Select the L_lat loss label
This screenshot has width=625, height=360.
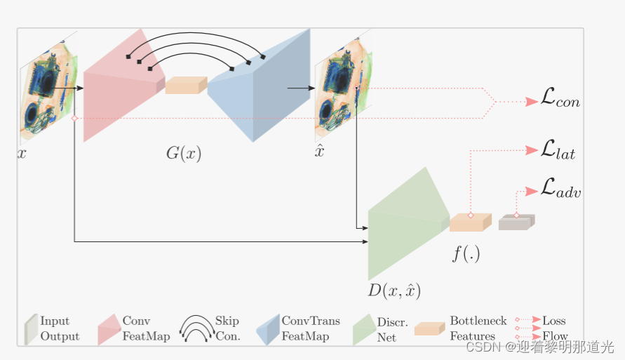coord(558,149)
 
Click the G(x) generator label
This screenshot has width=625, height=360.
coord(184,153)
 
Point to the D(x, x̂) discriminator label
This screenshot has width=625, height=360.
coord(395,289)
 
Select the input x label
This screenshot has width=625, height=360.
coord(22,152)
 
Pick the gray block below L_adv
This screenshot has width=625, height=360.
coord(516,222)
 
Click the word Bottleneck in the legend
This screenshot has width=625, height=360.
coord(478,321)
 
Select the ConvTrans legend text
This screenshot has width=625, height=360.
coord(311,321)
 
